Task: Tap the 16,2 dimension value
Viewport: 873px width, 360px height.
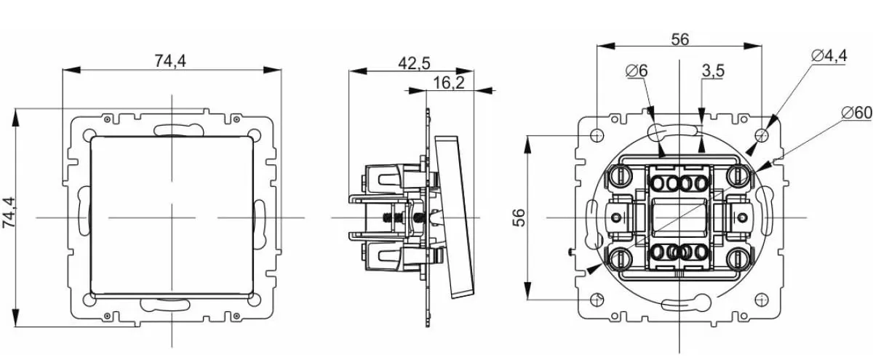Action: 448,83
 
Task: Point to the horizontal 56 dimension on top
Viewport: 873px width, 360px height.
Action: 679,40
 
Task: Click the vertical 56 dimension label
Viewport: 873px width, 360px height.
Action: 519,217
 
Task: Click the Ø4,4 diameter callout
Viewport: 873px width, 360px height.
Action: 828,55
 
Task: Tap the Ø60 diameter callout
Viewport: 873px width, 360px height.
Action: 856,113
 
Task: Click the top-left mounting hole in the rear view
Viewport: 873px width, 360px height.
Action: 597,136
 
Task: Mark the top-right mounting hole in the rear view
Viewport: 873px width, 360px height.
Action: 761,136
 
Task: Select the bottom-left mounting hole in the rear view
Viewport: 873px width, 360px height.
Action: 597,300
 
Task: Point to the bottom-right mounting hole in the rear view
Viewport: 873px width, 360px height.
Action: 761,300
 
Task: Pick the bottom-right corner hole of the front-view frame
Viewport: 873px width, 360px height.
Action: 254,299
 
